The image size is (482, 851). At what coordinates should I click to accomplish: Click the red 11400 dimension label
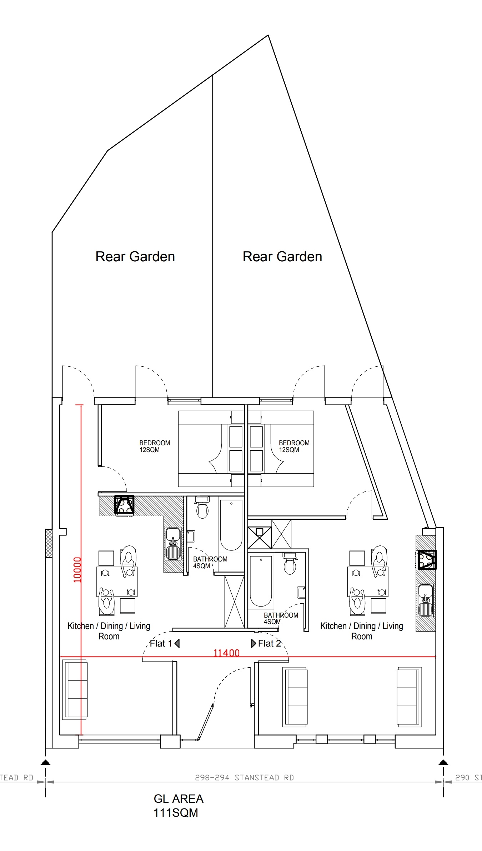pyautogui.click(x=226, y=653)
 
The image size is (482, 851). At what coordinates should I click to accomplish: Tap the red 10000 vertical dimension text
pyautogui.click(x=77, y=570)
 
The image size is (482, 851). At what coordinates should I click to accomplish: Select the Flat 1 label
pyautogui.click(x=165, y=643)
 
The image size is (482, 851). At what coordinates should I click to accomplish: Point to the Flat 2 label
pyautogui.click(x=266, y=643)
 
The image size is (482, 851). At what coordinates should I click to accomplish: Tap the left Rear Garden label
pyautogui.click(x=135, y=257)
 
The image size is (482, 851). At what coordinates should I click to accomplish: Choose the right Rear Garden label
pyautogui.click(x=282, y=257)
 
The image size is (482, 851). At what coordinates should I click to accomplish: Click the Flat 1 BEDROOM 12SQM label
pyautogui.click(x=155, y=446)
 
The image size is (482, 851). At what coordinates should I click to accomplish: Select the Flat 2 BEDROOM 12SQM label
pyautogui.click(x=294, y=446)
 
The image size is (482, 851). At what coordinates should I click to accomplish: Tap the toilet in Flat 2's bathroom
pyautogui.click(x=290, y=563)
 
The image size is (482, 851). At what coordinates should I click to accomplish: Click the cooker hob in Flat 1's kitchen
pyautogui.click(x=124, y=505)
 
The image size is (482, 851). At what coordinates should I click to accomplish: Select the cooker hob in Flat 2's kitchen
pyautogui.click(x=427, y=559)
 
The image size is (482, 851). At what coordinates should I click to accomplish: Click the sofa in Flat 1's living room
pyautogui.click(x=75, y=689)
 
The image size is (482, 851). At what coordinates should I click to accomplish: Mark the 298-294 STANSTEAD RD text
pyautogui.click(x=244, y=778)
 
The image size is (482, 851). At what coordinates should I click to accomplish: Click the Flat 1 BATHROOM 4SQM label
pyautogui.click(x=210, y=562)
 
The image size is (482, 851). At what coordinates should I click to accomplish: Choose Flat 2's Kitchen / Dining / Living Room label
pyautogui.click(x=362, y=631)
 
